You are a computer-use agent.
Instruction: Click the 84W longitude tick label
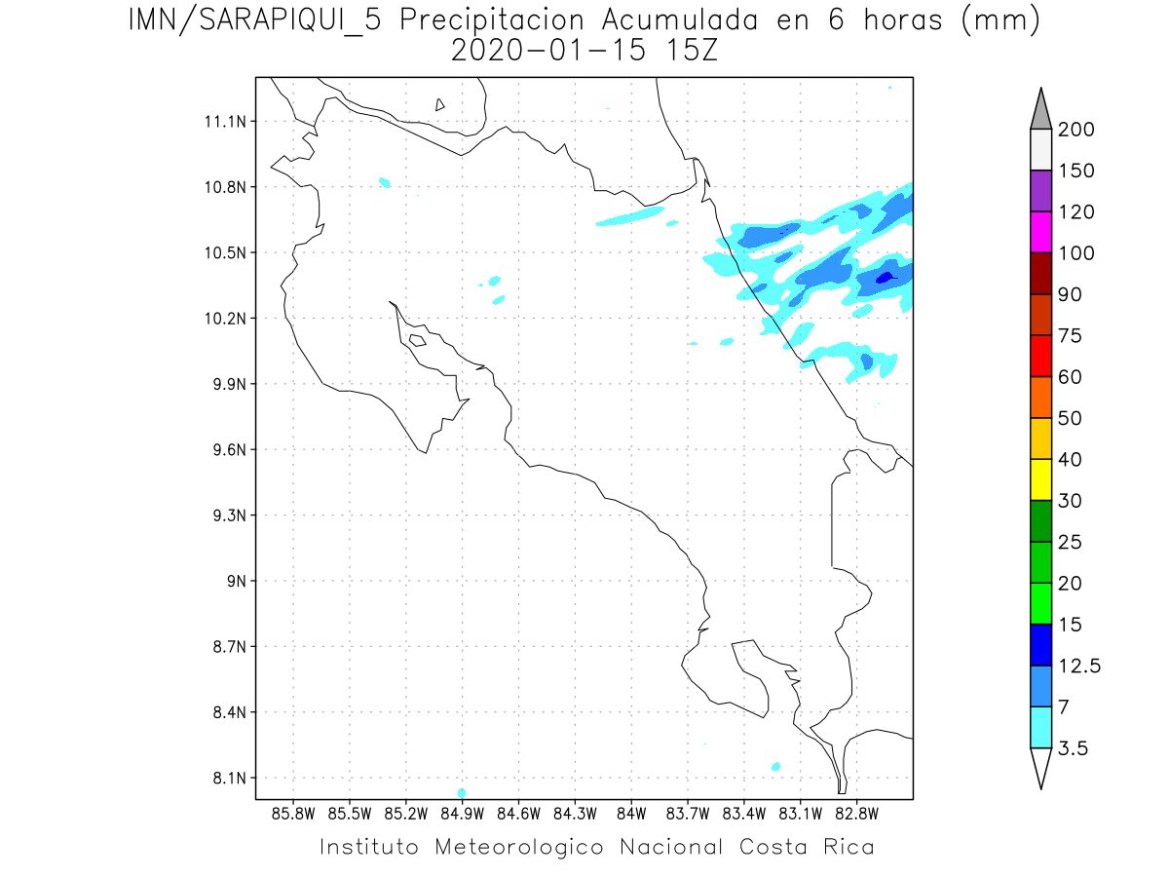(x=631, y=812)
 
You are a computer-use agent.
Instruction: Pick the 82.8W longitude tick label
(x=856, y=812)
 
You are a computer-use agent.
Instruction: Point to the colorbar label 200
(x=1075, y=130)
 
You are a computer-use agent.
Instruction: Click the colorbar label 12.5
(x=1078, y=667)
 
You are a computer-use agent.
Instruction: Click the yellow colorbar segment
(x=1040, y=479)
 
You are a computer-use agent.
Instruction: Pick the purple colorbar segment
(x=1040, y=191)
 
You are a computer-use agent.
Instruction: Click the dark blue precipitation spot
(x=885, y=278)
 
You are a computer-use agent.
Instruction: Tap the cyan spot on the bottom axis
(x=461, y=792)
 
